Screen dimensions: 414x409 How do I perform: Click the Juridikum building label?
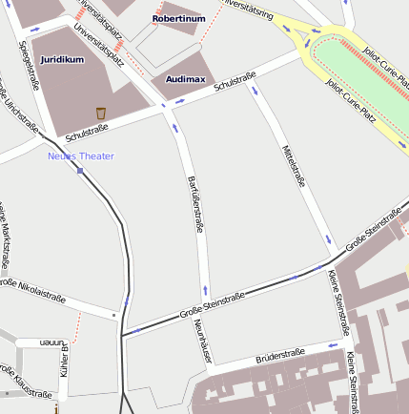(x=62, y=59)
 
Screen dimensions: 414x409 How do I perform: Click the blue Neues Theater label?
(x=81, y=156)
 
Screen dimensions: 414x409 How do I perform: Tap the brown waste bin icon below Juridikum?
(x=100, y=114)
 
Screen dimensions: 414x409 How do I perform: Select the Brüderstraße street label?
(x=280, y=356)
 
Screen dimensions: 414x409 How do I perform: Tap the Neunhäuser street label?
(x=202, y=342)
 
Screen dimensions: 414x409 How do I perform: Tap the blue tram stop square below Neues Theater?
(x=81, y=172)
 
